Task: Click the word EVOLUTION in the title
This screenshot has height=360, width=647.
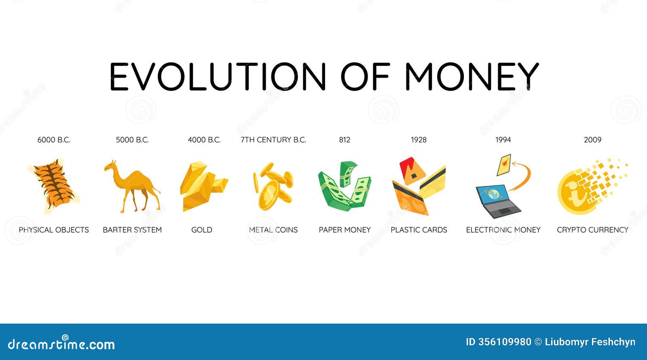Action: point(218,76)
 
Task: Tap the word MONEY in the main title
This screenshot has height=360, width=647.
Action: point(472,76)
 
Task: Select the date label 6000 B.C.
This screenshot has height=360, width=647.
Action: point(54,140)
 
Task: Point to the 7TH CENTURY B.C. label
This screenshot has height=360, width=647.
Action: point(273,140)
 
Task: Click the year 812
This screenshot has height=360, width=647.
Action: point(345,140)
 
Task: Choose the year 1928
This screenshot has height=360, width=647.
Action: point(419,140)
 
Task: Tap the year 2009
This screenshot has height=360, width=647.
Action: point(592,140)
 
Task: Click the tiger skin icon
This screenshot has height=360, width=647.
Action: point(54,186)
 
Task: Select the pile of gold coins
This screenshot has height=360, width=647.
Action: point(273,186)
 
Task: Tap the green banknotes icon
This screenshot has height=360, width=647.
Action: point(345,186)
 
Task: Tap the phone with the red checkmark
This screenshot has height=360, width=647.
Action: point(504,165)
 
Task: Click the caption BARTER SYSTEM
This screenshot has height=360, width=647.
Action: point(132,230)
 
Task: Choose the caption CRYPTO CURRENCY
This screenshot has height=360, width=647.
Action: point(592,230)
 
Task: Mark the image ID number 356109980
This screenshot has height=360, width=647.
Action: point(504,342)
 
